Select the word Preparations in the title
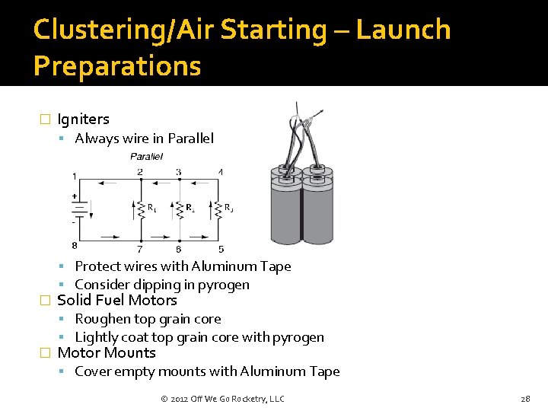(117, 66)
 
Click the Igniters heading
(83, 119)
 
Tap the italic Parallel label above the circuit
(146, 156)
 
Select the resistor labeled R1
(140, 208)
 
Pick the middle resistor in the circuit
(179, 208)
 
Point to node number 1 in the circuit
(74, 177)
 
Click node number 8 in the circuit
(74, 245)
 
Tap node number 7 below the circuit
(139, 250)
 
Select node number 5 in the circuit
(221, 250)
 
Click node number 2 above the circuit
(139, 172)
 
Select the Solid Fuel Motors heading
(117, 301)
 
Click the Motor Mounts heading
(107, 353)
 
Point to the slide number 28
(525, 399)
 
